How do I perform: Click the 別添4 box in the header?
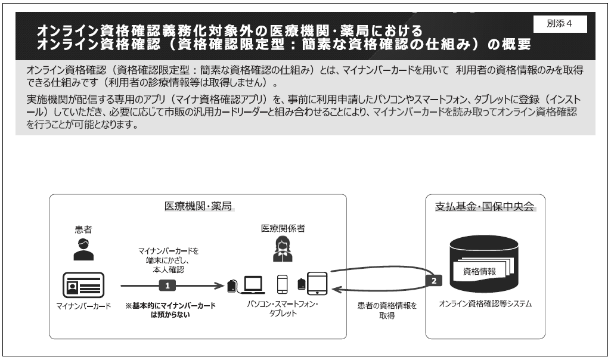click(x=560, y=24)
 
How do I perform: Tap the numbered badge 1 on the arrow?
click(x=167, y=285)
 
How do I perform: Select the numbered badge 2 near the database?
click(x=434, y=281)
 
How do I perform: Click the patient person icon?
click(x=83, y=249)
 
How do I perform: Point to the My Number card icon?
click(x=83, y=285)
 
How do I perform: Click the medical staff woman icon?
click(x=283, y=249)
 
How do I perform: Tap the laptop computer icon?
click(x=253, y=285)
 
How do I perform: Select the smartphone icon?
click(x=282, y=284)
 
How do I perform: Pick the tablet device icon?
click(x=317, y=284)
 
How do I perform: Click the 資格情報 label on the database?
click(x=479, y=271)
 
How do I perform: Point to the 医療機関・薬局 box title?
click(x=198, y=206)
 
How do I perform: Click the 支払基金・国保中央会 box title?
click(x=485, y=206)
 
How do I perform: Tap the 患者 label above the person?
click(x=83, y=229)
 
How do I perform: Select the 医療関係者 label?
click(x=283, y=228)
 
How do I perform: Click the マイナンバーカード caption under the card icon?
click(x=83, y=306)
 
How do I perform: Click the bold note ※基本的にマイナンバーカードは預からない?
click(x=170, y=310)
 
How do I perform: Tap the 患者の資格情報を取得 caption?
click(x=387, y=311)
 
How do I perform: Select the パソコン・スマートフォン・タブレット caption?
click(x=283, y=308)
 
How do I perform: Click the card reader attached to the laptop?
click(x=231, y=286)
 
